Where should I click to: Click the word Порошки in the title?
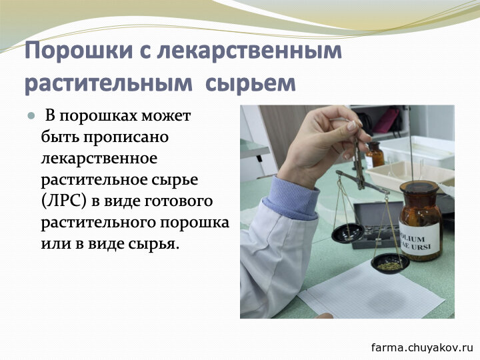(x=79, y=51)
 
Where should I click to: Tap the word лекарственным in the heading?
(x=249, y=51)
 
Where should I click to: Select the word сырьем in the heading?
(x=251, y=83)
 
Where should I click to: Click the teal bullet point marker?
(x=31, y=116)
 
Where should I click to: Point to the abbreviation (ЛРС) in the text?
(x=64, y=201)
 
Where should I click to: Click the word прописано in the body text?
(x=126, y=138)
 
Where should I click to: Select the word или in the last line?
(x=55, y=244)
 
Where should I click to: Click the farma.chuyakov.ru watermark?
(x=422, y=347)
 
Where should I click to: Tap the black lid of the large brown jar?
(x=419, y=187)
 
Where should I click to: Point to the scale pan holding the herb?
(x=390, y=263)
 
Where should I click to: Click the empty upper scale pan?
(x=348, y=233)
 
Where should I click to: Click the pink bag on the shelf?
(x=387, y=120)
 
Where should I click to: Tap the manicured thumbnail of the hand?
(x=352, y=125)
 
